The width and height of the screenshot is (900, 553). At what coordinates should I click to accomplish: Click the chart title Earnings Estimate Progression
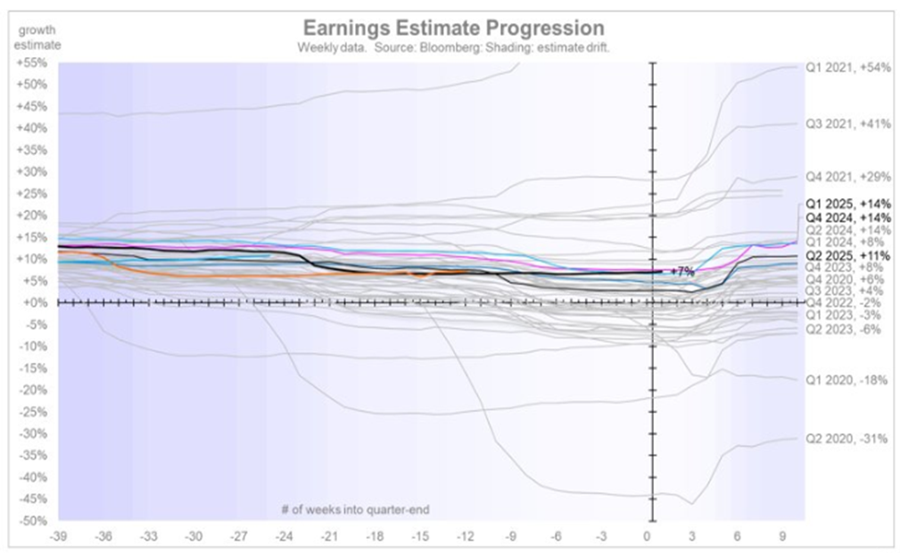click(453, 28)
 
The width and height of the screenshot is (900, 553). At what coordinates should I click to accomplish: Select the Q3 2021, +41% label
click(848, 125)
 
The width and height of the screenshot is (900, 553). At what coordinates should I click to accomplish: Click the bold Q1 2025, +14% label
click(848, 203)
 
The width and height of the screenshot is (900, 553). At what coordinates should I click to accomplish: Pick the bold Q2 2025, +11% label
click(848, 254)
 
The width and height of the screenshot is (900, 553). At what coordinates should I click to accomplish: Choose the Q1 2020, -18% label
click(848, 380)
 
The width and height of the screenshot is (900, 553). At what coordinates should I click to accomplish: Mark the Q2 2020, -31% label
click(848, 439)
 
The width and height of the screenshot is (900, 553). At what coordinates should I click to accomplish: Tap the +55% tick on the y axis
click(32, 63)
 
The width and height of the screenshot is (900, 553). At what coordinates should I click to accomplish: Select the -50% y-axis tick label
click(32, 521)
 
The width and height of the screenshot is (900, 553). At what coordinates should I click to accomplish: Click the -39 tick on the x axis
click(58, 538)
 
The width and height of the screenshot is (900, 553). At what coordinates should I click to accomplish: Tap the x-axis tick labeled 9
click(781, 538)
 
